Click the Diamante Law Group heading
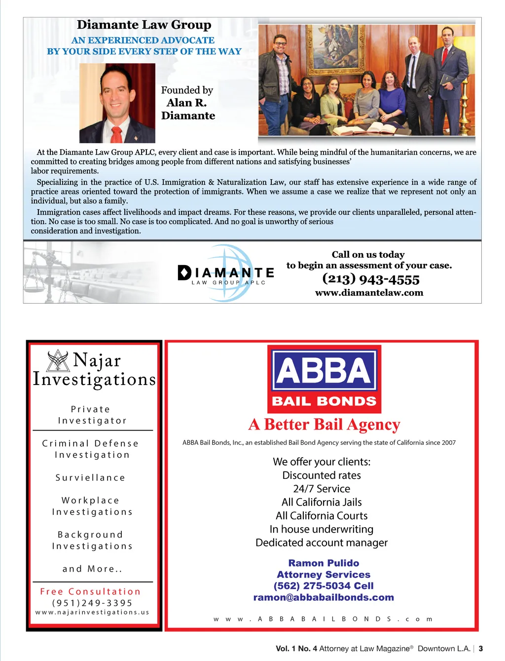[144, 25]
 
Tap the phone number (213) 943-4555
[371, 279]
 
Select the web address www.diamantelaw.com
[369, 293]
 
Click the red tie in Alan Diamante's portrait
[117, 134]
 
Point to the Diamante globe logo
[225, 272]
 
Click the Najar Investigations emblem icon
[58, 360]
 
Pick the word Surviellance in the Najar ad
[90, 478]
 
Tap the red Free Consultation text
[90, 591]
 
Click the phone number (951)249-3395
[92, 603]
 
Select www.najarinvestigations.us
[92, 612]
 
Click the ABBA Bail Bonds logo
[324, 379]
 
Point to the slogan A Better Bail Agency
[324, 425]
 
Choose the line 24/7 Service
[322, 489]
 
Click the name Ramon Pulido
[324, 563]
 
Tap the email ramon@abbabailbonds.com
[324, 597]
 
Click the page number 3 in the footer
[481, 649]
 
